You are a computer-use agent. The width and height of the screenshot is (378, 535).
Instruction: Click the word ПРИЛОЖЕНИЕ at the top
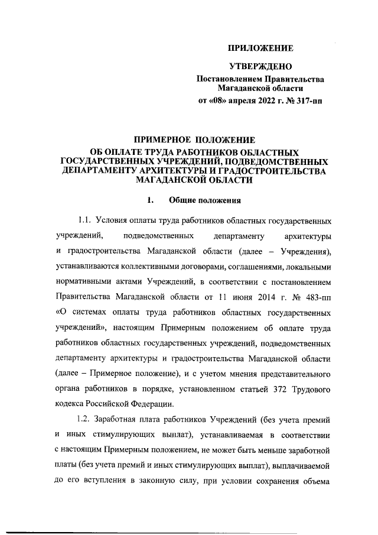pos(260,47)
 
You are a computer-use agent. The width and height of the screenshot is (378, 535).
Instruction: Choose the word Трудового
pos(306,389)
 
